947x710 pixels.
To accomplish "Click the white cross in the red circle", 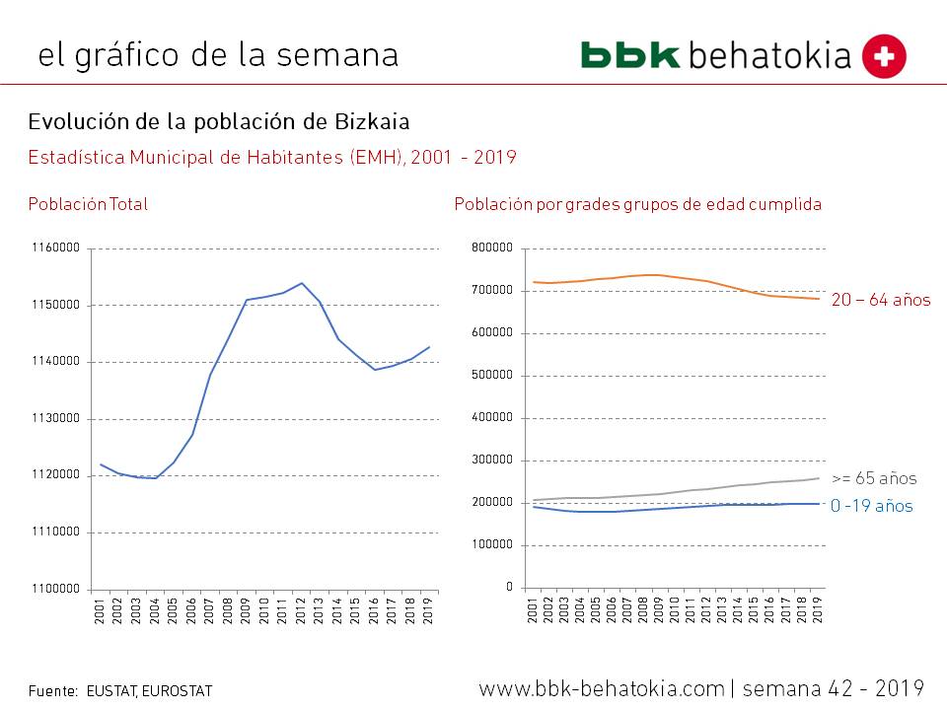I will point(884,56).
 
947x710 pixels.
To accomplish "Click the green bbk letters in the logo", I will point(630,55).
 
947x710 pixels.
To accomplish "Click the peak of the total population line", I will point(302,283).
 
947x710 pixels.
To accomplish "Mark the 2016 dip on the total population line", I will point(375,370).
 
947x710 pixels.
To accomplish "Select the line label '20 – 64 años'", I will point(881,300).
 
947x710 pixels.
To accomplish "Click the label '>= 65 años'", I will point(874,479).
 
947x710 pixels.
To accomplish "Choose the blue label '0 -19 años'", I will point(871,507).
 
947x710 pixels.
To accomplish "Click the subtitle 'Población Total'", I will point(88,205).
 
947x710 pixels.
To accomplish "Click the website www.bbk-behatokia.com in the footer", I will point(602,687).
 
